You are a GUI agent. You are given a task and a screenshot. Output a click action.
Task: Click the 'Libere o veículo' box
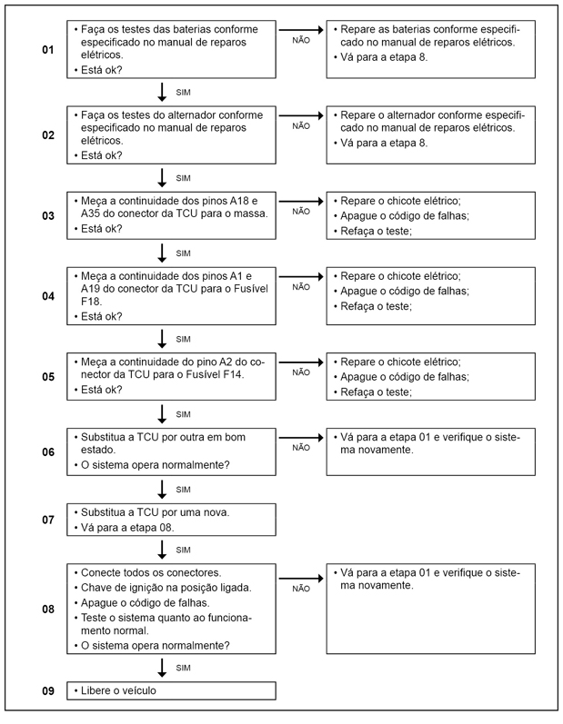pyautogui.click(x=171, y=691)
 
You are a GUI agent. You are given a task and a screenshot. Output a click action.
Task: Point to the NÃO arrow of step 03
pyautogui.click(x=300, y=200)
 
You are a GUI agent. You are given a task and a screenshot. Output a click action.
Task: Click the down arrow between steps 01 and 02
pyautogui.click(x=161, y=92)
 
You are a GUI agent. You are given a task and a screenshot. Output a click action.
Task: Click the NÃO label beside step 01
pyautogui.click(x=301, y=41)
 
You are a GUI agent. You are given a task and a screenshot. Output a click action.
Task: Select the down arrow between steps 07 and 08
pyautogui.click(x=161, y=549)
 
